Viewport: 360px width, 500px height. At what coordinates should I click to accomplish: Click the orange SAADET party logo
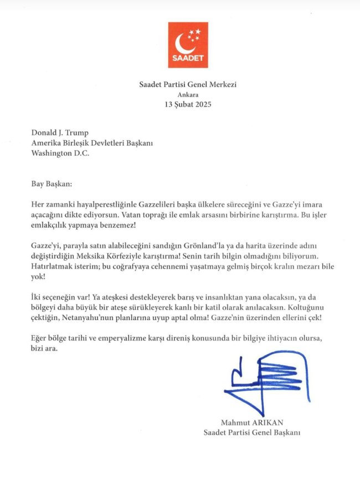tap(188, 45)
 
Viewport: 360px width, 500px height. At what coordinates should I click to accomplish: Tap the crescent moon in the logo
tap(182, 43)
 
